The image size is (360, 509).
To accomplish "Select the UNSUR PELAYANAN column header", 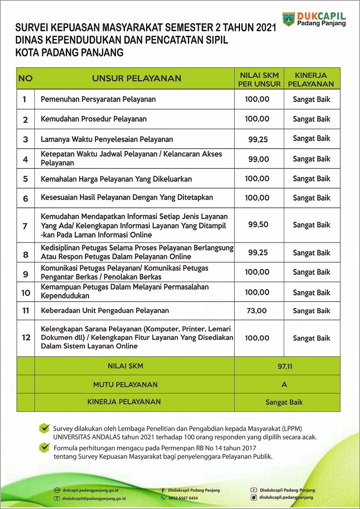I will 137,78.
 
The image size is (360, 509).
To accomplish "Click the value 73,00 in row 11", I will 257,311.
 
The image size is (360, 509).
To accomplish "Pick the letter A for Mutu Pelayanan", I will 284,384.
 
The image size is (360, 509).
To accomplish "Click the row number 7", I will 25,226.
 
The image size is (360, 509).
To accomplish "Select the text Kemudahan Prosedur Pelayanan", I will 94,119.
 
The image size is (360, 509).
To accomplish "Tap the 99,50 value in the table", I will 258,224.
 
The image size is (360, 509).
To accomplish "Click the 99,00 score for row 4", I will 258,159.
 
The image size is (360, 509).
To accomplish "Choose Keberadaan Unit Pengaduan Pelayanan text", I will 105,310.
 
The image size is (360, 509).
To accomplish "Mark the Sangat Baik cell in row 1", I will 312,99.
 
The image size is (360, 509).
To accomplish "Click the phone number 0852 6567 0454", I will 183,498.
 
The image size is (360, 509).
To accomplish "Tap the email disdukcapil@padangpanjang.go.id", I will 94,499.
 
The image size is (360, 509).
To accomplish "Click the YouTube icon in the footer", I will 253,490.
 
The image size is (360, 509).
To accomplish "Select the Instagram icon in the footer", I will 253,498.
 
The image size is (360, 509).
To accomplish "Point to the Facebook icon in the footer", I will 163,490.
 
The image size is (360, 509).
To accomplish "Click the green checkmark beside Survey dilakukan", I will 44,428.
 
